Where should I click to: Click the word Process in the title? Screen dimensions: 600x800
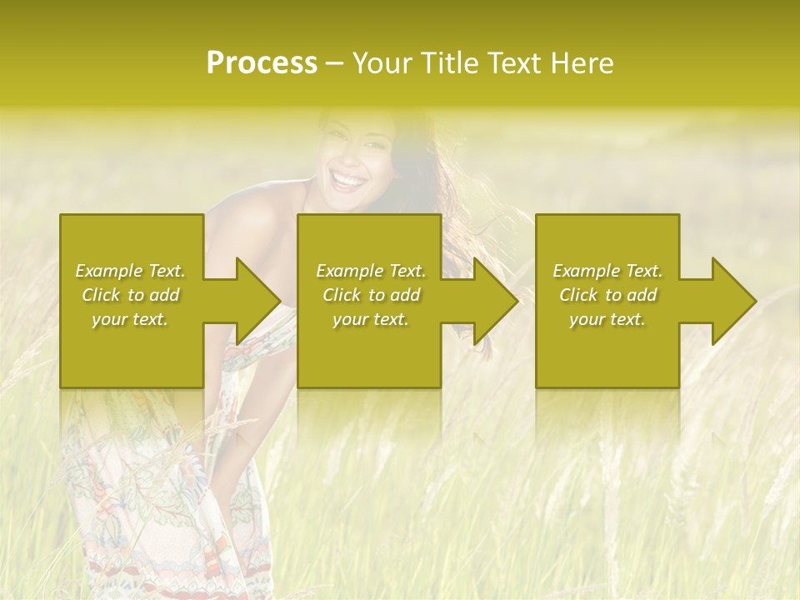[262, 63]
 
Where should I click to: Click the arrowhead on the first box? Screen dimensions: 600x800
[255, 301]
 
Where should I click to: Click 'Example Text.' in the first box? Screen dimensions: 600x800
[131, 271]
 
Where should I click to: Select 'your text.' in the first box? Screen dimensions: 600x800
[131, 319]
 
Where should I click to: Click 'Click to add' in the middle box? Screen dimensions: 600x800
[371, 295]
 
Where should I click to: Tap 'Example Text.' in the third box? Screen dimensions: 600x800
[607, 271]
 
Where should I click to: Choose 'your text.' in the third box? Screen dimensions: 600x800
[607, 319]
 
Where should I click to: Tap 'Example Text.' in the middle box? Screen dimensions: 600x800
[371, 271]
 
